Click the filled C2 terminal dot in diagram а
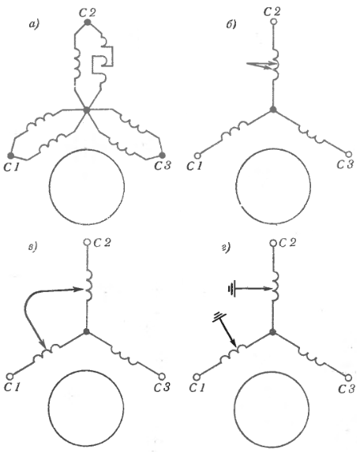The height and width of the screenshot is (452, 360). [87, 22]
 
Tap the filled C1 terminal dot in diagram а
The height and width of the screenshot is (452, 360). [11, 155]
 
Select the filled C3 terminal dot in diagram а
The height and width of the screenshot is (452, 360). [163, 155]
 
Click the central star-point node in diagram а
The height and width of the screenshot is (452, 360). [87, 110]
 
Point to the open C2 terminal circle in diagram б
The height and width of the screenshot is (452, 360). [273, 21]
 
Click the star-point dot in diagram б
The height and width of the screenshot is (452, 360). [273, 109]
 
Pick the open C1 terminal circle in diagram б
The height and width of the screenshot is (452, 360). [197, 155]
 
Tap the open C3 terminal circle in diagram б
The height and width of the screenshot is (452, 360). [349, 155]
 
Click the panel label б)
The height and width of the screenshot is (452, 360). [231, 24]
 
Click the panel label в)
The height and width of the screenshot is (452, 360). [34, 248]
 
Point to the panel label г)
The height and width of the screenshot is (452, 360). [226, 248]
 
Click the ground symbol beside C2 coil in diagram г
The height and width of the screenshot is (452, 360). [231, 289]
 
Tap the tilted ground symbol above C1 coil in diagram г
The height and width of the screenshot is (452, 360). [219, 318]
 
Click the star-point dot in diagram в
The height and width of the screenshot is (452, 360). [86, 331]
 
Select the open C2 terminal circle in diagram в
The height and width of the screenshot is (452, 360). [87, 242]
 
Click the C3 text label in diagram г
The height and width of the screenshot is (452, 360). [346, 389]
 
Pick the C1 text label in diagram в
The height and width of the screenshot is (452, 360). [12, 388]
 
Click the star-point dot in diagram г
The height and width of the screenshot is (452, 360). [272, 332]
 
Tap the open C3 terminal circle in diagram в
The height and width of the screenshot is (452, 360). [162, 376]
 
